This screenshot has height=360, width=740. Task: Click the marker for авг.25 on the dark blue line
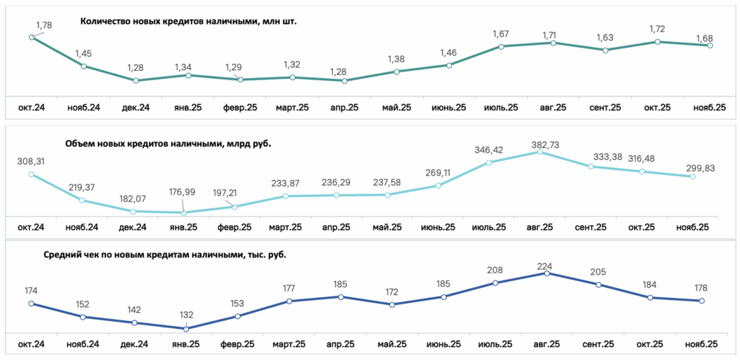point(547,273)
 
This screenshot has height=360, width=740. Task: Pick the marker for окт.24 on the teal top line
point(31,38)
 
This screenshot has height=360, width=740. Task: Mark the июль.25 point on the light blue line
point(489,163)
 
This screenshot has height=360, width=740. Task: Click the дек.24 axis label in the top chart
point(135,108)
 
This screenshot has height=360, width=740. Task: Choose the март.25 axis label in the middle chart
point(285,228)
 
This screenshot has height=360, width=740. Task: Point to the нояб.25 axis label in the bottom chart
point(701,344)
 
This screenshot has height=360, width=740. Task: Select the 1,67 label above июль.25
point(501,34)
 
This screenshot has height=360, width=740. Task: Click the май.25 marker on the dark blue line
point(392,304)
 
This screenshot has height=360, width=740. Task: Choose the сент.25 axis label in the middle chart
point(591,228)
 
